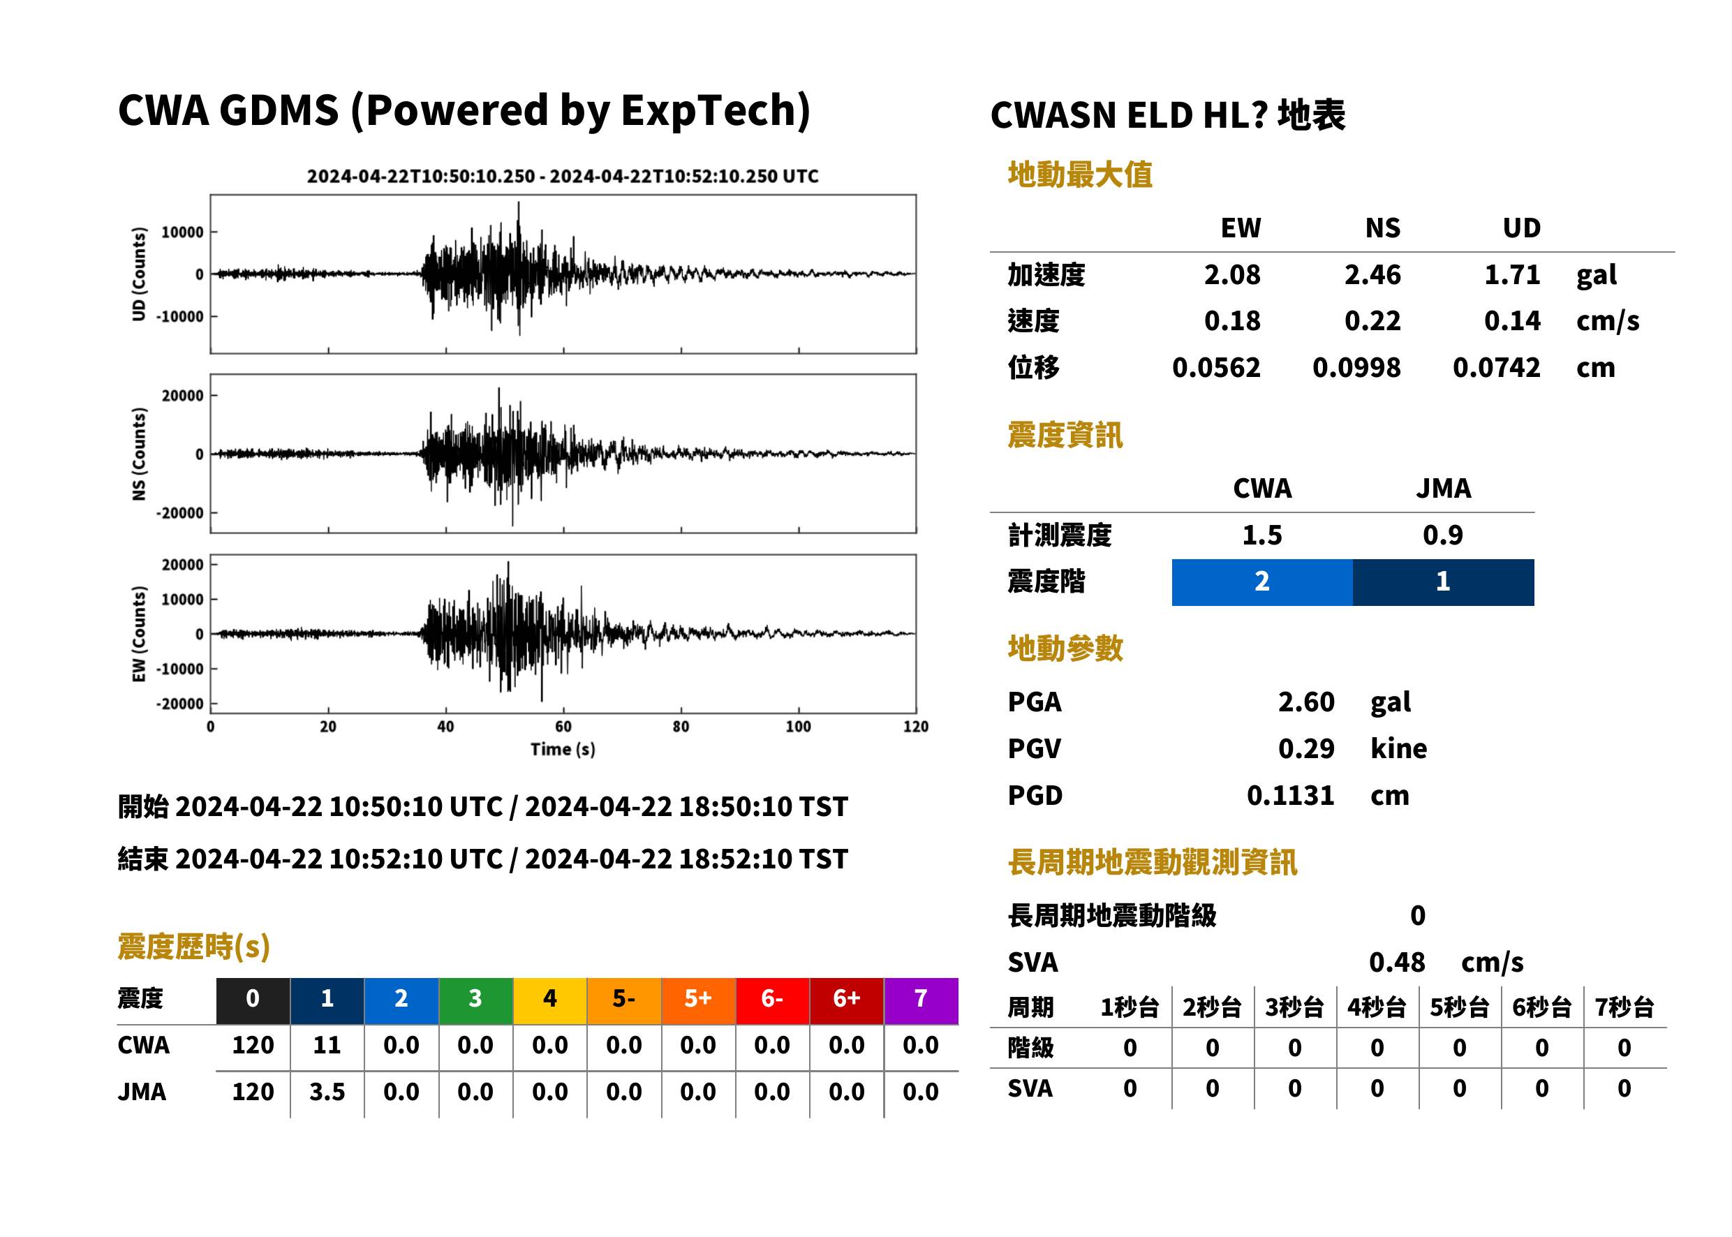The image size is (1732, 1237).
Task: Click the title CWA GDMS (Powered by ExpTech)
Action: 464,110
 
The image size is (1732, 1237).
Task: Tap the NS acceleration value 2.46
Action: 1372,275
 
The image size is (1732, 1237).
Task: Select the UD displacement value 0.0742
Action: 1496,368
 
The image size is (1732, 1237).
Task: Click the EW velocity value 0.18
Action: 1231,321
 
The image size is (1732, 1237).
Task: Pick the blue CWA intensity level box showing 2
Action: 1261,582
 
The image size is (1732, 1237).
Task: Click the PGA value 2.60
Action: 1305,702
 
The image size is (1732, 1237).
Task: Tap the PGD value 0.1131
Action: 1290,795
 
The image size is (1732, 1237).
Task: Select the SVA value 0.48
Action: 1397,962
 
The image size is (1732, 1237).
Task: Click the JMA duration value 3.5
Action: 327,1092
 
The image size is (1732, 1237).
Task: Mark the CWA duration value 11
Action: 327,1045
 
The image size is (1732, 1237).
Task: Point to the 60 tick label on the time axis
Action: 563,727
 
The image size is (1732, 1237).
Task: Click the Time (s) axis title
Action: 563,750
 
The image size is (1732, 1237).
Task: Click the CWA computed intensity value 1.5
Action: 1262,535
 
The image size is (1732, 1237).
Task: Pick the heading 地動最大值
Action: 1080,175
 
